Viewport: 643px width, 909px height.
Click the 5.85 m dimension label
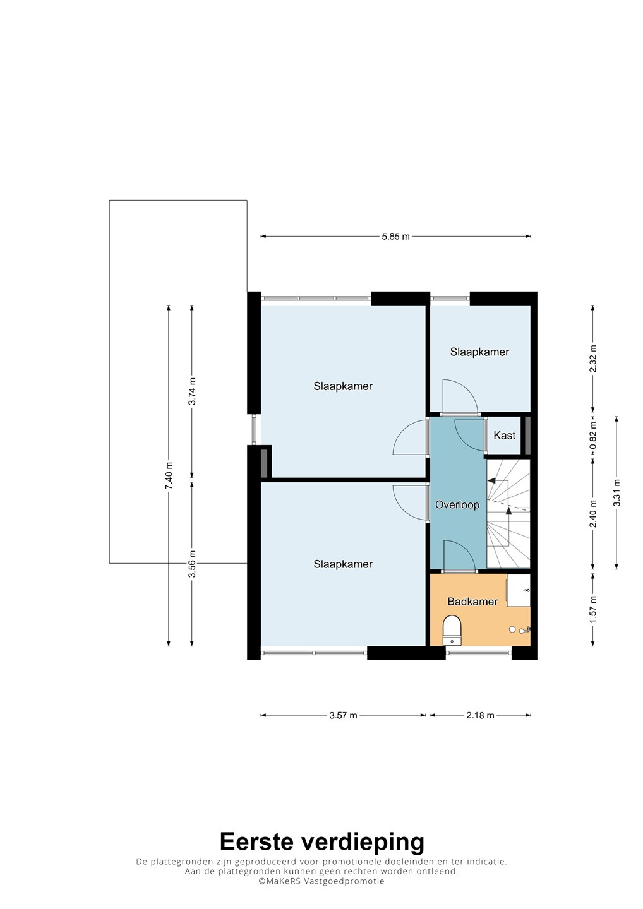coord(395,237)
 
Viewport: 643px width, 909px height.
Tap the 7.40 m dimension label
coord(169,475)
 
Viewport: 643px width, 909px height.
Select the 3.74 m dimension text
coord(193,391)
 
